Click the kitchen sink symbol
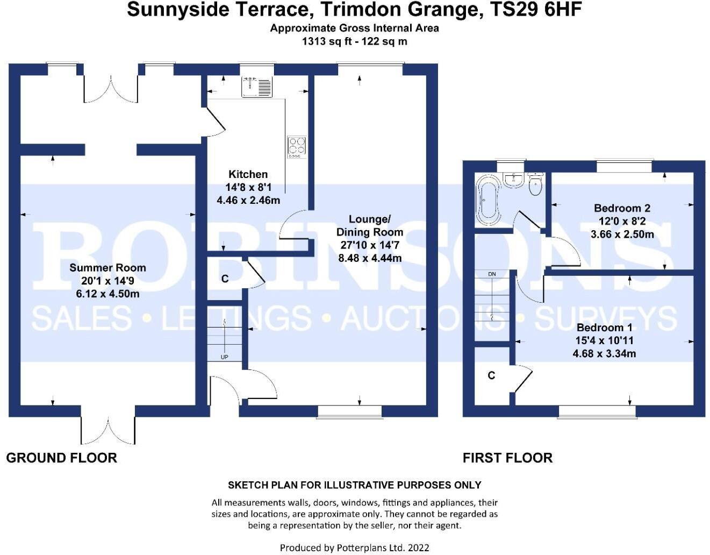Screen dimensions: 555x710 click(257, 87)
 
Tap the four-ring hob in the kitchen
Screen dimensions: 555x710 click(297, 146)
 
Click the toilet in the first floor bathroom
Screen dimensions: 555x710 click(535, 185)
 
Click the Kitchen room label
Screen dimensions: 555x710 click(248, 174)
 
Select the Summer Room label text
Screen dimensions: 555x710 click(107, 268)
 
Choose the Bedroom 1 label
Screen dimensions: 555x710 click(604, 328)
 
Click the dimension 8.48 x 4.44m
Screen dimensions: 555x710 click(369, 258)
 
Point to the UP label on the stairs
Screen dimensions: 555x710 click(224, 357)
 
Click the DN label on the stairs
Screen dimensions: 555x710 click(492, 274)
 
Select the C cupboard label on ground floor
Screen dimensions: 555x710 click(225, 279)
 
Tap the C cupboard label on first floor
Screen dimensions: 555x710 click(491, 375)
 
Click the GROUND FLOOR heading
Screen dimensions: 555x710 click(61, 458)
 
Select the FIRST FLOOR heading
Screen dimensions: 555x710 click(507, 458)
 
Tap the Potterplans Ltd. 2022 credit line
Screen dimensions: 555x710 click(354, 547)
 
